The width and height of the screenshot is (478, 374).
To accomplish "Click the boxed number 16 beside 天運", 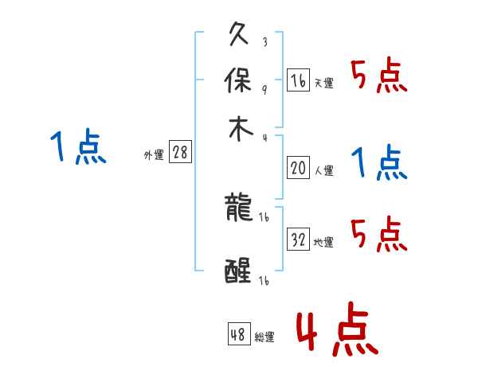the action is [x=298, y=80].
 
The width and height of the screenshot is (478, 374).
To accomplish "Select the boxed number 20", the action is [x=298, y=167].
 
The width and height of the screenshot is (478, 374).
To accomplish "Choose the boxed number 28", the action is [x=180, y=153].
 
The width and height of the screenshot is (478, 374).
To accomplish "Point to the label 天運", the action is [x=323, y=82].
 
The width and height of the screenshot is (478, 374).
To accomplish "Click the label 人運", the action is [x=323, y=169].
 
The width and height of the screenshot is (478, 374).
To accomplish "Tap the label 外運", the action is [x=154, y=155].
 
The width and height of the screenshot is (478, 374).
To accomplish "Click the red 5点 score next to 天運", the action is [x=378, y=77].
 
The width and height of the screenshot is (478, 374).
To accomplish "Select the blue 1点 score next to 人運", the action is [x=378, y=163].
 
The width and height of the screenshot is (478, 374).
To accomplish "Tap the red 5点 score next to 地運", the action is [x=378, y=236].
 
